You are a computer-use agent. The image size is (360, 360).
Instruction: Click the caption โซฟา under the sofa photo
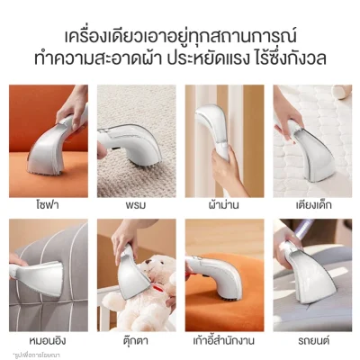(x=40, y=205)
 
